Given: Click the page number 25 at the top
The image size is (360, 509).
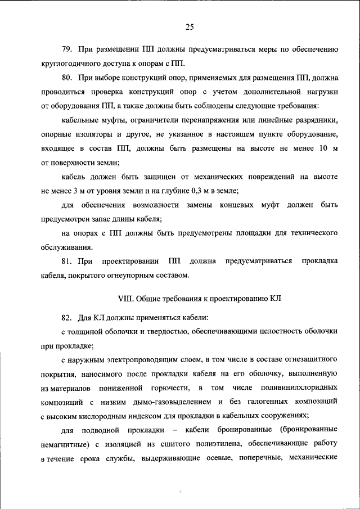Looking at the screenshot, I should pos(189,27).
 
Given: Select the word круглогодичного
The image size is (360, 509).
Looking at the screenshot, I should pos(70,62).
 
